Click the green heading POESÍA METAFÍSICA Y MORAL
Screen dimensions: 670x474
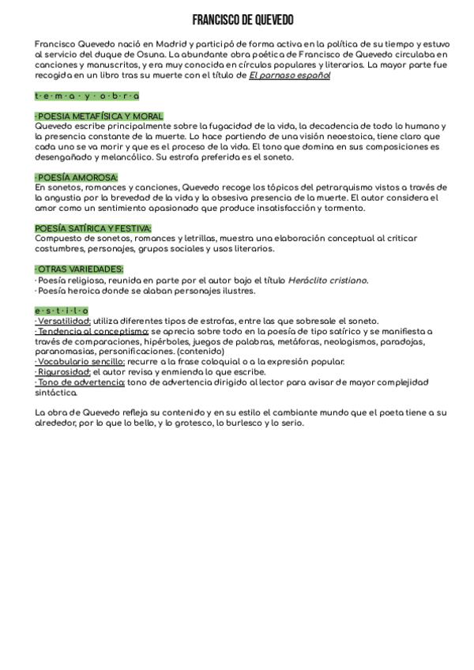(100, 116)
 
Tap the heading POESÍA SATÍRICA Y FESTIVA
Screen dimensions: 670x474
(93, 228)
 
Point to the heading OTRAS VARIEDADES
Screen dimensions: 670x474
(79, 269)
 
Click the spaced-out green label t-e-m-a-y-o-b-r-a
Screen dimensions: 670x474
(87, 96)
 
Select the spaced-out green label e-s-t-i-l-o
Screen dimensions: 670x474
(62, 311)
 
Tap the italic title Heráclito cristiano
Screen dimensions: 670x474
(327, 280)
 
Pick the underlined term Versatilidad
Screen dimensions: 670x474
(63, 321)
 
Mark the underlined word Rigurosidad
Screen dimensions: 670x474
(62, 372)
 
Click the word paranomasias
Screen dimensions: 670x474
(67, 352)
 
